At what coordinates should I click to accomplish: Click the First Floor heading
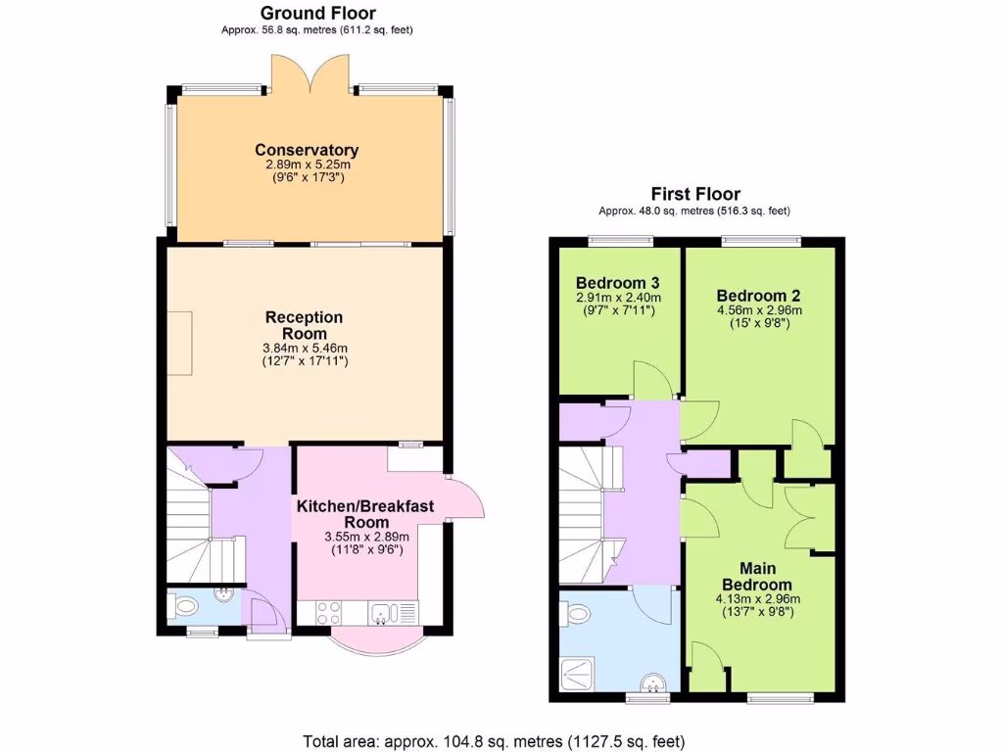[695, 194]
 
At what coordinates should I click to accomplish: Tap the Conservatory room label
[307, 150]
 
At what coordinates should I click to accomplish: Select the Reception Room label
[305, 325]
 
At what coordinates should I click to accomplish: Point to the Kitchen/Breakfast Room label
[365, 514]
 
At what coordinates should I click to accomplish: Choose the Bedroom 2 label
[752, 296]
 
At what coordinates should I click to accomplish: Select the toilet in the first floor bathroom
[577, 614]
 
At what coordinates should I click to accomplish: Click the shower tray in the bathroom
[571, 673]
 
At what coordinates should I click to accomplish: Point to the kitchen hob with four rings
[327, 613]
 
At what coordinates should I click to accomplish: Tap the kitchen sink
[382, 613]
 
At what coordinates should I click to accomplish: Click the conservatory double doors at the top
[310, 71]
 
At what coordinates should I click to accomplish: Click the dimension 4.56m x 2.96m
[752, 310]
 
